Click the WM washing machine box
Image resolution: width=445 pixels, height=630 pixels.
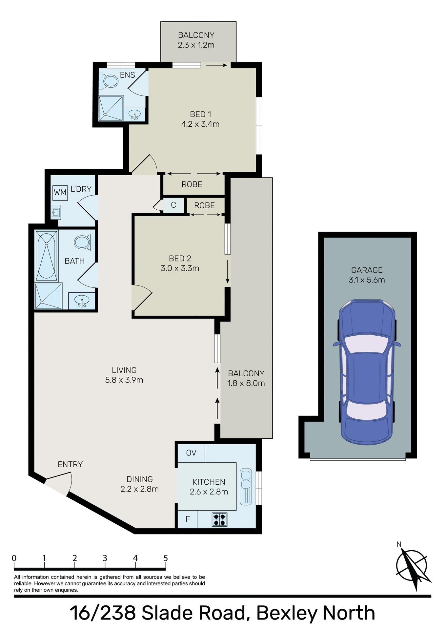click(60, 193)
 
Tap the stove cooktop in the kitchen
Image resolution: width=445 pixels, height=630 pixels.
click(219, 519)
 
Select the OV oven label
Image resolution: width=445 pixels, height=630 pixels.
click(191, 453)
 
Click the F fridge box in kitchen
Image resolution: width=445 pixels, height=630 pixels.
click(188, 519)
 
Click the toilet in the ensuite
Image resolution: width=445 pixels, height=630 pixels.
click(110, 81)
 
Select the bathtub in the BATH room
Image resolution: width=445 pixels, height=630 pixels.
click(47, 256)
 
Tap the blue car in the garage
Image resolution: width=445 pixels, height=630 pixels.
click(367, 371)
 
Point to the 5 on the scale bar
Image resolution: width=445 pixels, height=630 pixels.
click(166, 558)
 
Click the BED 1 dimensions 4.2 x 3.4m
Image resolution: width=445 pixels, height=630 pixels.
click(200, 124)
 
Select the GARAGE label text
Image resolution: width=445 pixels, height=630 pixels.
click(367, 270)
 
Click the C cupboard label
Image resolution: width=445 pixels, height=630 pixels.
click(173, 205)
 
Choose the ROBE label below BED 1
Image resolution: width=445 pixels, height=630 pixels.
click(192, 184)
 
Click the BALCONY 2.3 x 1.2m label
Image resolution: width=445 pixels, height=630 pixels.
click(196, 40)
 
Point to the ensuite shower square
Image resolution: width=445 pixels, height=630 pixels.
click(111, 108)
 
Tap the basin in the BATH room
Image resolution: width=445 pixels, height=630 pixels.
click(82, 301)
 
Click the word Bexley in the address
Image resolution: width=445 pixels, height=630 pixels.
click(286, 613)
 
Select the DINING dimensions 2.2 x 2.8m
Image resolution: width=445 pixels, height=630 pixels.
click(140, 489)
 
